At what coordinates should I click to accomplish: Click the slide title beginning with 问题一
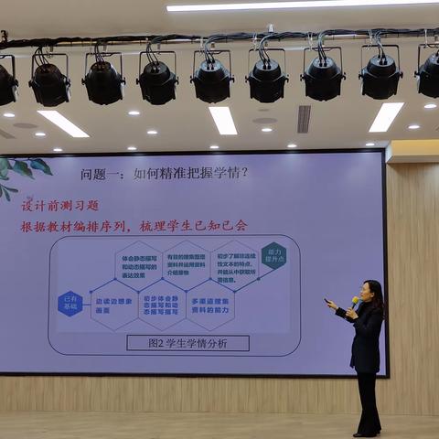[x=165, y=172]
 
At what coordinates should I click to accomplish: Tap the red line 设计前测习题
[x=60, y=205]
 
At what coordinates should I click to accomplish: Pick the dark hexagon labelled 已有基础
[x=70, y=304]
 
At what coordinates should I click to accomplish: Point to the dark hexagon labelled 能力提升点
[x=273, y=255]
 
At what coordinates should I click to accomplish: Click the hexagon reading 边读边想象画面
[x=113, y=305]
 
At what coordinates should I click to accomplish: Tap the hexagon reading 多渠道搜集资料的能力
[x=209, y=305]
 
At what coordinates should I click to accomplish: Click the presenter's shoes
[x=367, y=432]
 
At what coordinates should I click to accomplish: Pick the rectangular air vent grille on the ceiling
[x=304, y=118]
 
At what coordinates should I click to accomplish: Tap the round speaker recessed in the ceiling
[x=264, y=120]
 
